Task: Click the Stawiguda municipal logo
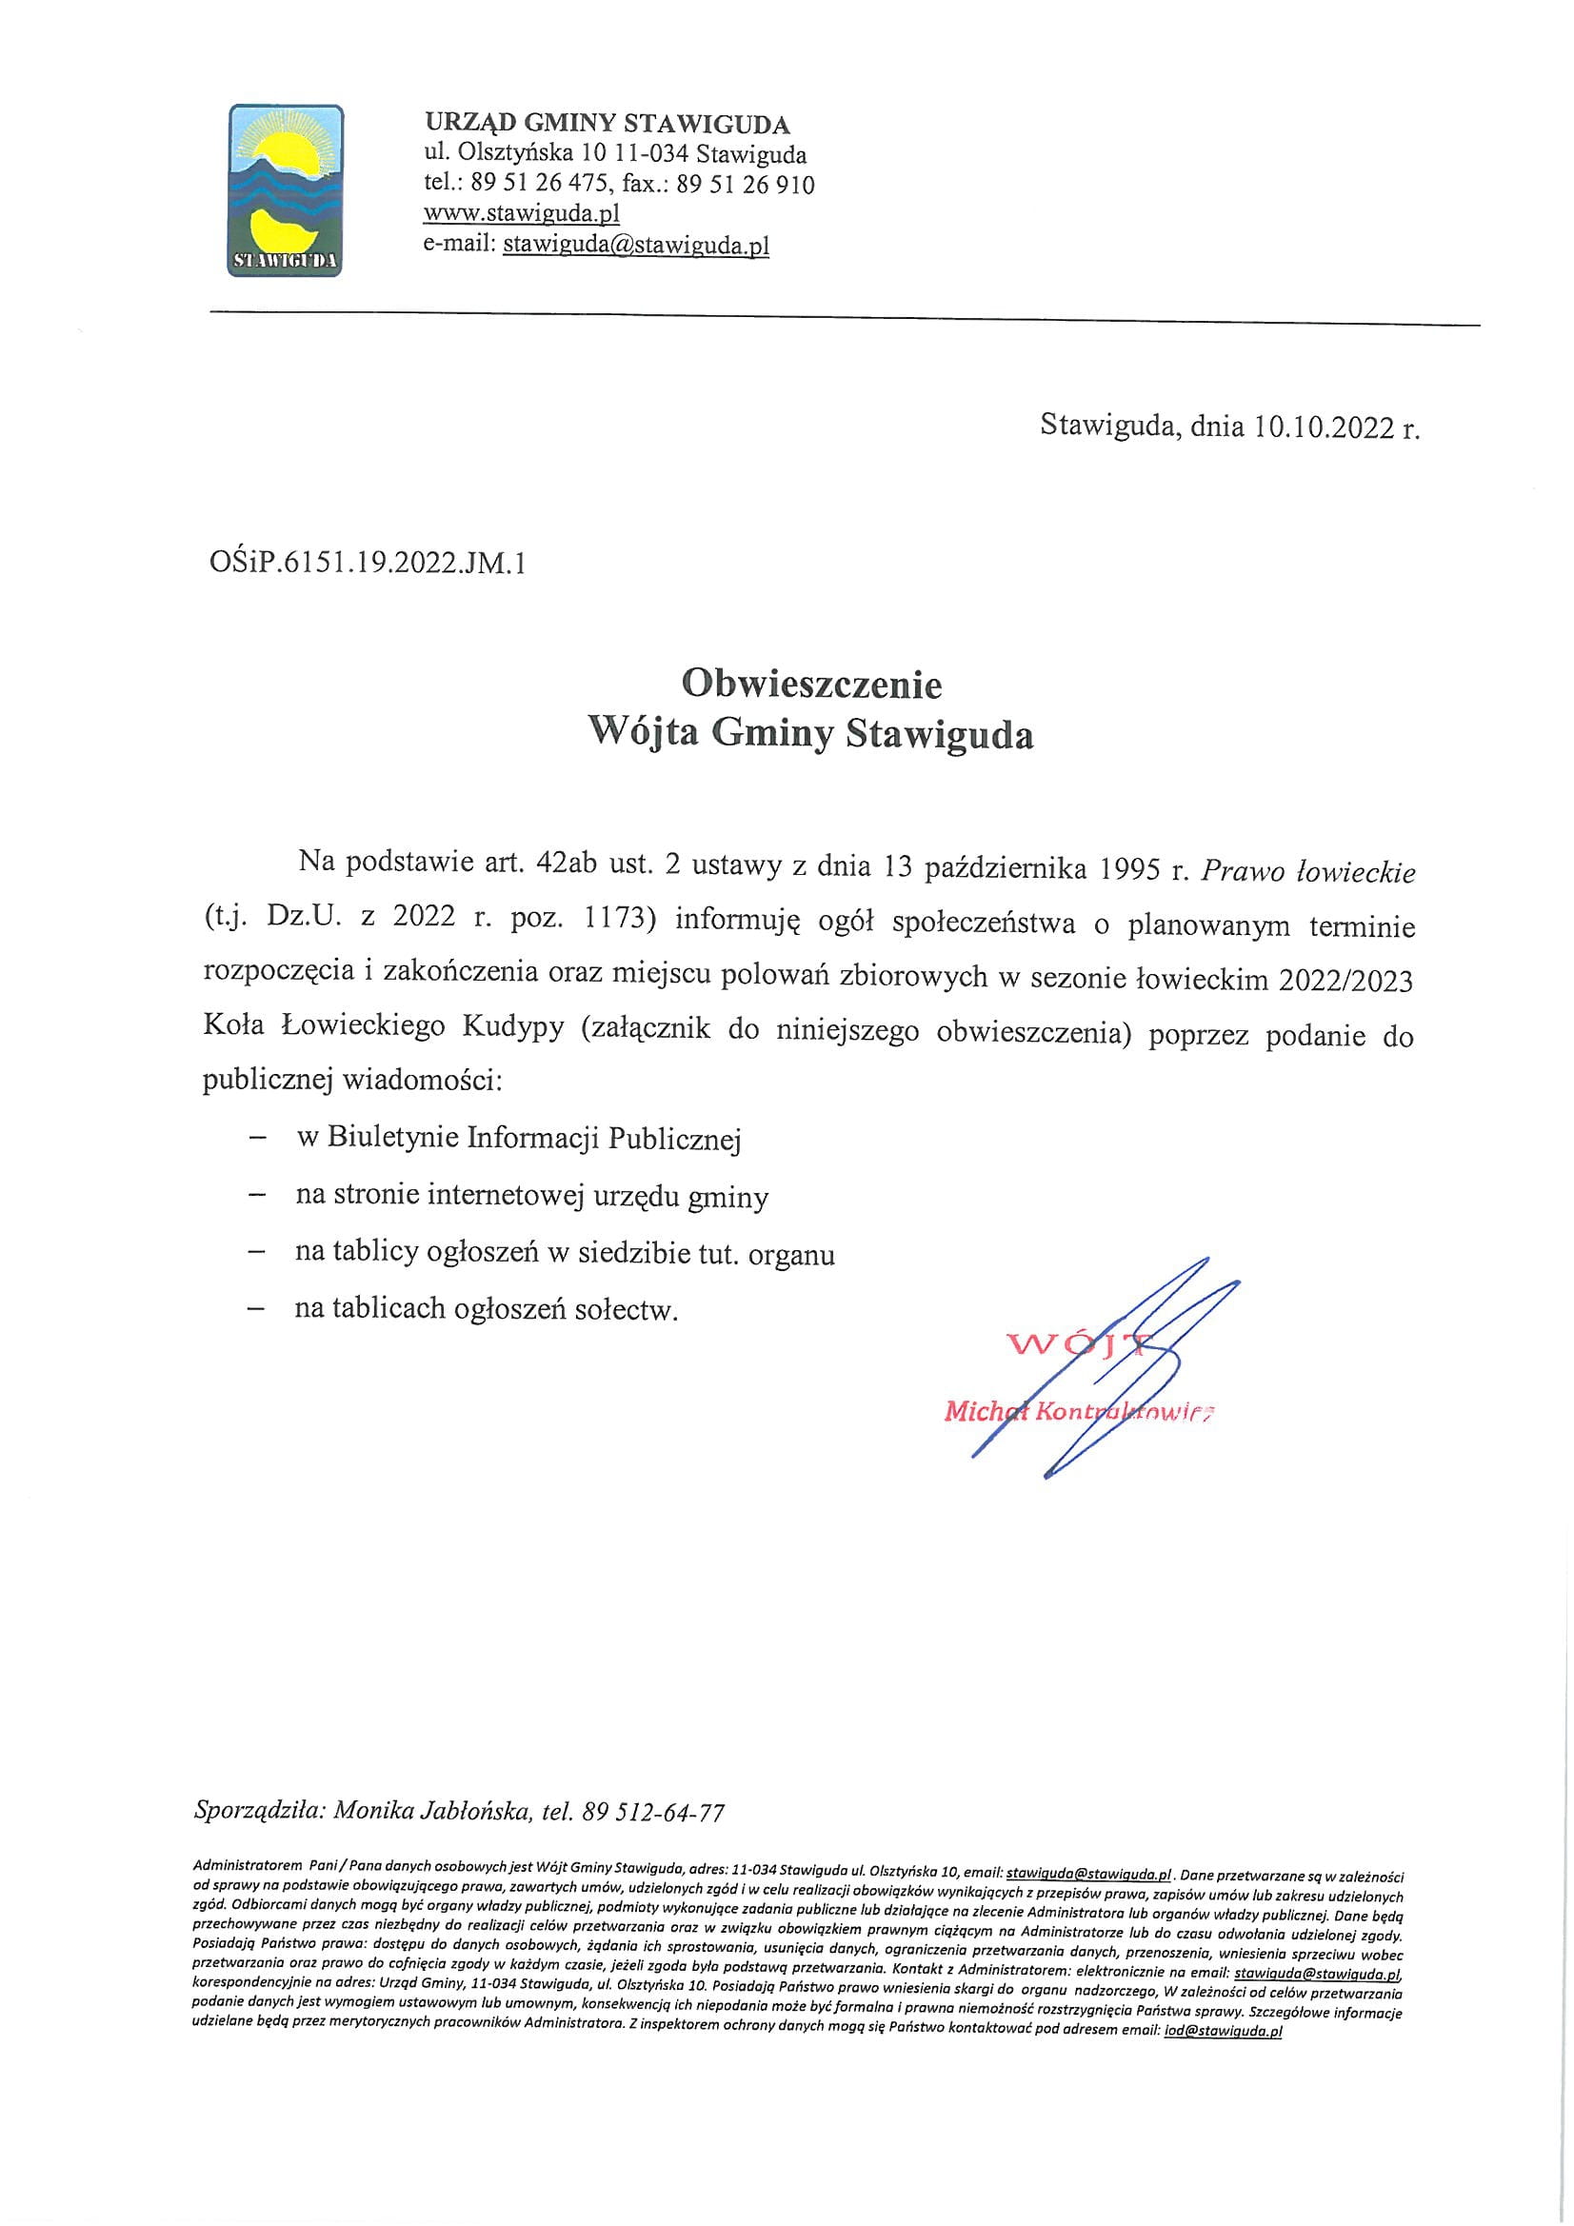click(x=285, y=190)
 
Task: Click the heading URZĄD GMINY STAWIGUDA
click(x=608, y=124)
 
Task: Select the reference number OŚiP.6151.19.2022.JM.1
click(x=361, y=564)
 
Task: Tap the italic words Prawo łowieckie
click(x=1308, y=871)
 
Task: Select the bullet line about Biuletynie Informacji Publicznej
click(x=518, y=1139)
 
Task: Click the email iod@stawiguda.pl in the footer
click(x=1223, y=2034)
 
